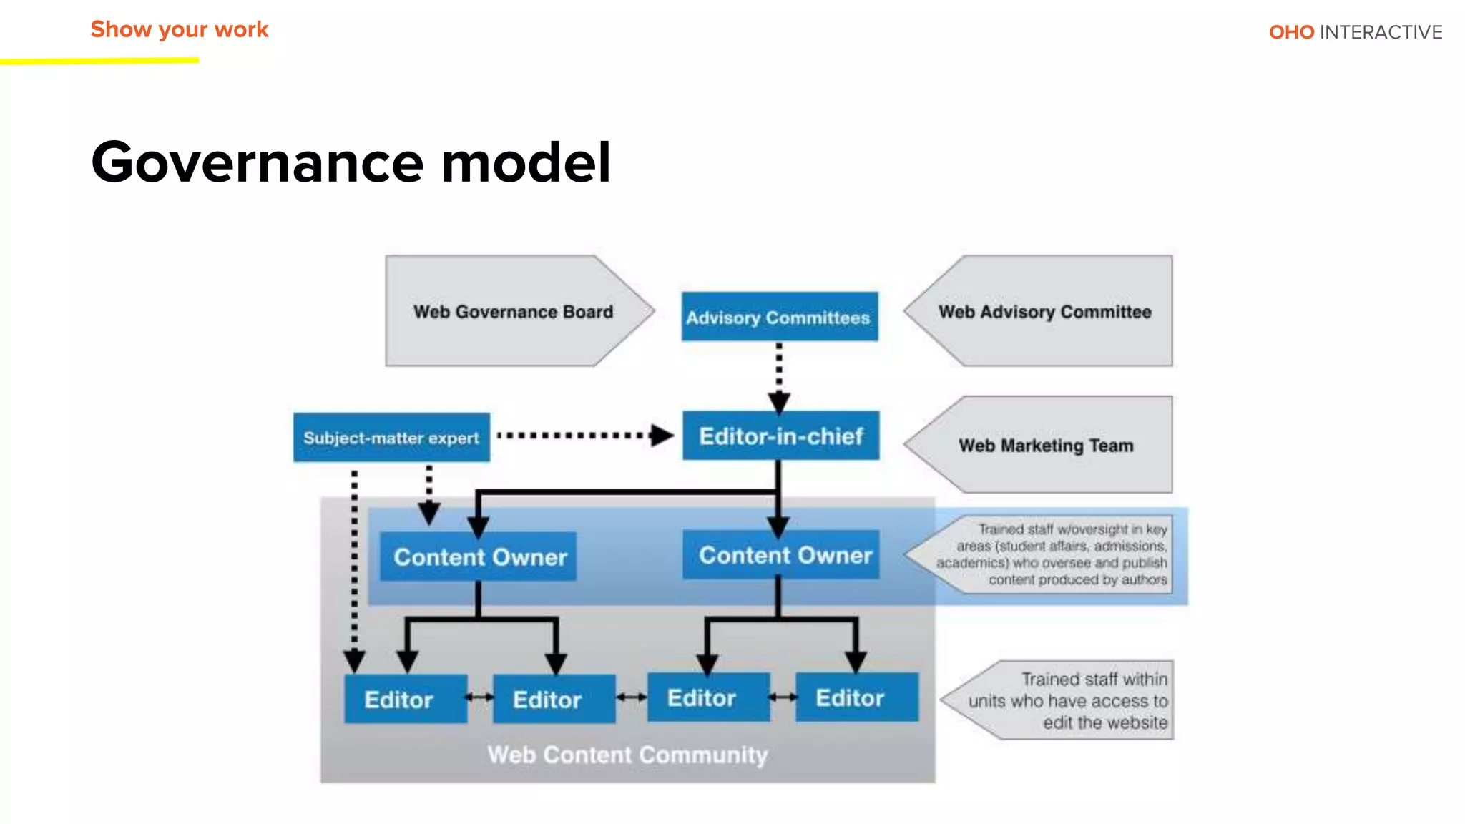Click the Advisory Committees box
pos(779,317)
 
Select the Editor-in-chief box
pos(780,436)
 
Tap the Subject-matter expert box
pos(391,437)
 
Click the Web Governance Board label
pos(513,312)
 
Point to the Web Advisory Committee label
pos(1044,312)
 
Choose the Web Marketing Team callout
pos(1045,445)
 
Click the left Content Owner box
pos(479,556)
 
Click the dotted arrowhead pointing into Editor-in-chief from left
pos(662,435)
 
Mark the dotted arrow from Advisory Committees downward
pos(779,376)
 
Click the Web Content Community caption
pos(627,755)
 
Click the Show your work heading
pos(179,29)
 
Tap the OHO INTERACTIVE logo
pos(1355,32)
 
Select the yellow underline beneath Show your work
pos(99,62)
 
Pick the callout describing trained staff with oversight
pos(1052,554)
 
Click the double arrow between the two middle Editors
pos(632,697)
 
